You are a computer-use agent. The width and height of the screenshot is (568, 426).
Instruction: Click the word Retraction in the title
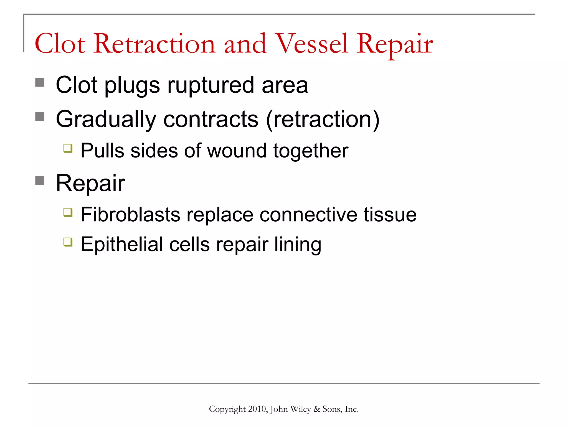pos(154,44)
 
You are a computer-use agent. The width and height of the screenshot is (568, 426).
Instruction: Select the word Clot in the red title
pos(60,44)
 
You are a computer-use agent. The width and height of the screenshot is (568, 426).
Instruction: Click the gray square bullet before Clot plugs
pos(40,82)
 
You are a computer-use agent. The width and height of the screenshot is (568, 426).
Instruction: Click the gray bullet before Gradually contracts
pos(40,116)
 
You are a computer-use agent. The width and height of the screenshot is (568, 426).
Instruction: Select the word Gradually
pos(106,120)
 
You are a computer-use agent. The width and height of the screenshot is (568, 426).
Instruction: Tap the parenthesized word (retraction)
pos(323,120)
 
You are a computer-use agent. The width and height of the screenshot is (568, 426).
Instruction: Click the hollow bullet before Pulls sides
pos(68,148)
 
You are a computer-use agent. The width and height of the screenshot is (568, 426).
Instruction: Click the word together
pos(311,151)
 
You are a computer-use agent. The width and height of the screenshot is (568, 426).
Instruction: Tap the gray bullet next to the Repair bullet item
pos(40,181)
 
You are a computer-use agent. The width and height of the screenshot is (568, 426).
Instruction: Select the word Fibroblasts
pos(130,215)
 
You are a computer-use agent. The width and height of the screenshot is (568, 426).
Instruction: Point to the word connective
pos(308,215)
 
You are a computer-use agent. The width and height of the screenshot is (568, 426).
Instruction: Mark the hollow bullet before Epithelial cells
pos(68,242)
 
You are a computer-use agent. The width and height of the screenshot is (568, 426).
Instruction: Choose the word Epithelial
pos(122,245)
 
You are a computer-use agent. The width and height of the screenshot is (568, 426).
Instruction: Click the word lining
pos(298,245)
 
